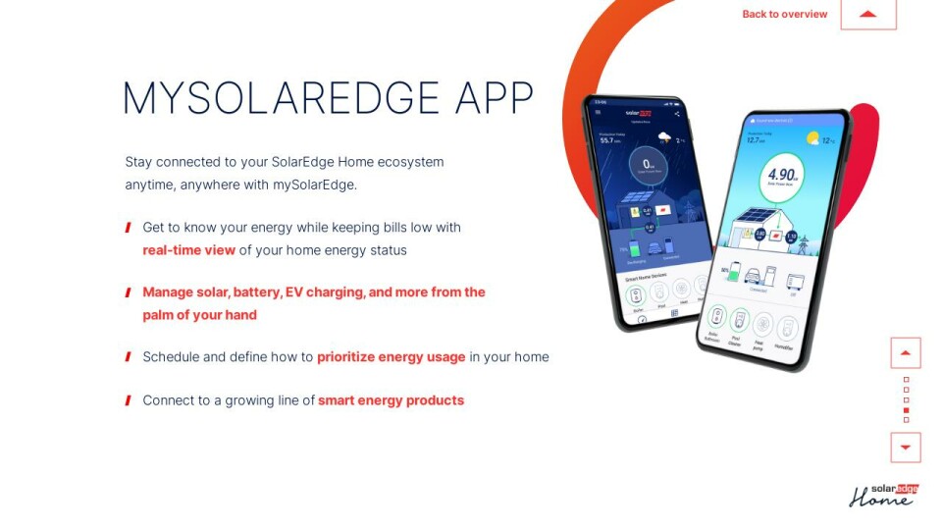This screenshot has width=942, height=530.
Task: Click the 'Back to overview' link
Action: [x=784, y=14]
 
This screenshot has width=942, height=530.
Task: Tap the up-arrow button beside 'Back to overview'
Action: [x=867, y=14]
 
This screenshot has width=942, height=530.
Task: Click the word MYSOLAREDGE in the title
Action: [x=281, y=98]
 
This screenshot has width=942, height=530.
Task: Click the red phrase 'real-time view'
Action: [x=188, y=250]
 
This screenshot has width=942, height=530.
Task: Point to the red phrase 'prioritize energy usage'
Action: [x=391, y=356]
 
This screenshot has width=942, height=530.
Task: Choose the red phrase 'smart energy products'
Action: [x=391, y=400]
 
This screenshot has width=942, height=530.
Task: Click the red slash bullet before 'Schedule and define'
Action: [x=129, y=356]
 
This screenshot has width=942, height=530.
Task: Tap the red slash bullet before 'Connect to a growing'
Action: [x=129, y=400]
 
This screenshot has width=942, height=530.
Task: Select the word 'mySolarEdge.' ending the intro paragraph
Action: [x=315, y=185]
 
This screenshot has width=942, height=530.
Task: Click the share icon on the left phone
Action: [x=677, y=114]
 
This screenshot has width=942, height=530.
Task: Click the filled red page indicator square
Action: [x=906, y=410]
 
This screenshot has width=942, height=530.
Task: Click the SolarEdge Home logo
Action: [x=881, y=495]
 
